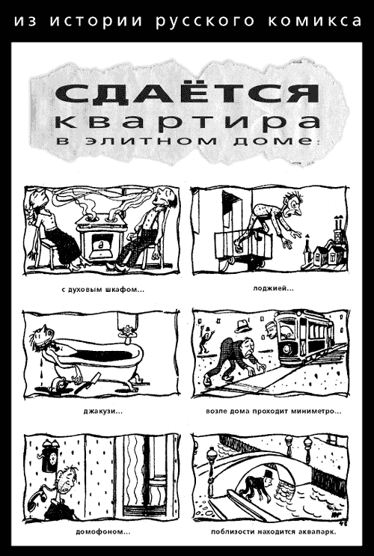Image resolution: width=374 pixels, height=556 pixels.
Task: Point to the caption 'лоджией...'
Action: pyautogui.click(x=273, y=288)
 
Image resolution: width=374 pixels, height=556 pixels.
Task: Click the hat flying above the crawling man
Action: pyautogui.click(x=242, y=326)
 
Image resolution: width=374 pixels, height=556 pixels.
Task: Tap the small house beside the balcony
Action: pyautogui.click(x=324, y=254)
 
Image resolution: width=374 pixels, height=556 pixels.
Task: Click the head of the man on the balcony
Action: pyautogui.click(x=293, y=204)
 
